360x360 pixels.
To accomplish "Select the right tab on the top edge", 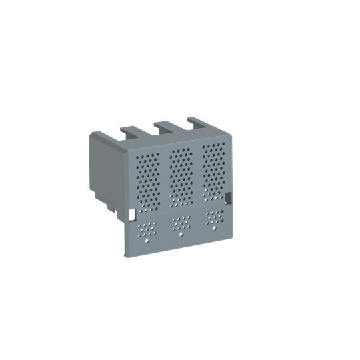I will (197, 122).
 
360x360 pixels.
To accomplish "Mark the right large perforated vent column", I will (213, 169).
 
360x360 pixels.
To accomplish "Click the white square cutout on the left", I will (131, 215).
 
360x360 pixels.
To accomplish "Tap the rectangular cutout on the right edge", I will (229, 198).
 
